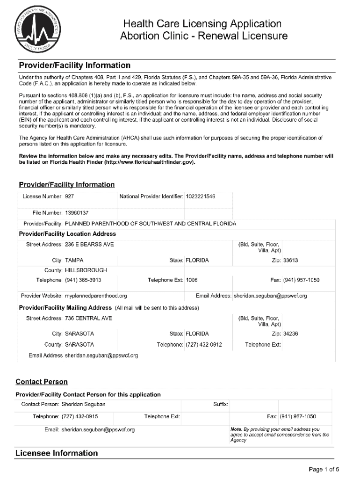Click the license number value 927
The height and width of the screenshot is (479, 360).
(x=69, y=196)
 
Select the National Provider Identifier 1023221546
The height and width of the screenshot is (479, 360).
(x=200, y=196)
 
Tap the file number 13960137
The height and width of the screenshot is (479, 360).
(x=77, y=213)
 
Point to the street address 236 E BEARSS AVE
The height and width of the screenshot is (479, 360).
(x=89, y=245)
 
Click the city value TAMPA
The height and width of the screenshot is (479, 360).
(x=75, y=260)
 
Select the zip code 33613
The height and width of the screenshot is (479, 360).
(x=291, y=260)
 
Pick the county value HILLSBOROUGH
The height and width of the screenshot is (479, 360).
(x=86, y=270)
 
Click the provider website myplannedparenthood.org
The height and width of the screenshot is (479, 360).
(x=96, y=296)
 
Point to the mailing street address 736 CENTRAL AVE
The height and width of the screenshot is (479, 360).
(x=88, y=319)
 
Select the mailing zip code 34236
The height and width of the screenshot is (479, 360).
(x=291, y=334)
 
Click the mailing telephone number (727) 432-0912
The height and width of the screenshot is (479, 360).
(x=204, y=345)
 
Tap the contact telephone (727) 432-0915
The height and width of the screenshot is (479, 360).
(x=79, y=416)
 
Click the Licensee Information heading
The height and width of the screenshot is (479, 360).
(x=57, y=453)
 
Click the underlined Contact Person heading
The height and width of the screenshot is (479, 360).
(x=42, y=382)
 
